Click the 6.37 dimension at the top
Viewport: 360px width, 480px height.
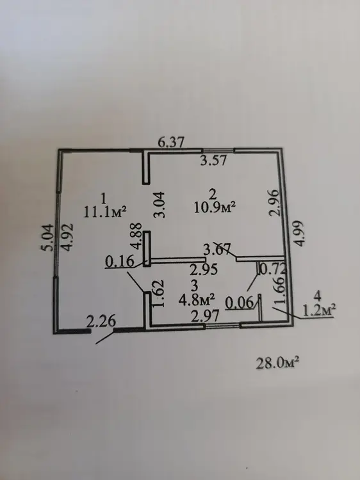point(172,142)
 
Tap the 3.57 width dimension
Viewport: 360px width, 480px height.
point(213,160)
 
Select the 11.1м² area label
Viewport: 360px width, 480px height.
point(105,212)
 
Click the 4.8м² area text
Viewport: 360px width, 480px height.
point(197,300)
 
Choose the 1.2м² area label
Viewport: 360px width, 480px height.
point(318,310)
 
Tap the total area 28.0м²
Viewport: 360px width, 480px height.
point(277,364)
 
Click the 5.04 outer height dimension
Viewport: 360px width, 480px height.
point(48,237)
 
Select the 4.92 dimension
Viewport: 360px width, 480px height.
point(67,237)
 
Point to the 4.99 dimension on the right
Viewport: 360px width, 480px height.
point(300,233)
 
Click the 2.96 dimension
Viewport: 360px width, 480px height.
point(274,203)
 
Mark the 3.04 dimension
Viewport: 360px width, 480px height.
point(160,205)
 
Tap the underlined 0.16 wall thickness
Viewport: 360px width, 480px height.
point(120,262)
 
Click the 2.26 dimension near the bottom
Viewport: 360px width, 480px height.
point(101,321)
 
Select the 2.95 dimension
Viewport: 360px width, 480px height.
point(204,269)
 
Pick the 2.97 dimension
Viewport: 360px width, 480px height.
point(205,316)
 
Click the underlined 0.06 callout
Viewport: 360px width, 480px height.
point(240,303)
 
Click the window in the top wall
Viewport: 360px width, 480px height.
point(218,150)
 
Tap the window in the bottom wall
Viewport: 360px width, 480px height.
point(222,326)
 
